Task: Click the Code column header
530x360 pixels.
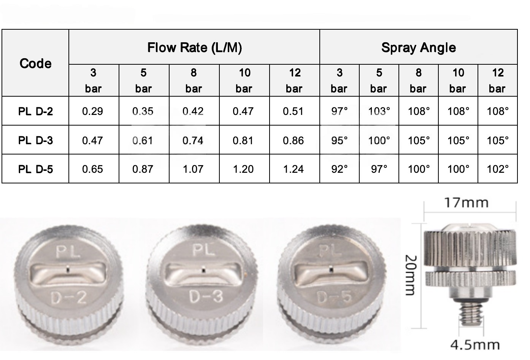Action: click(35, 64)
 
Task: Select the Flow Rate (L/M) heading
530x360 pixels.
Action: click(195, 48)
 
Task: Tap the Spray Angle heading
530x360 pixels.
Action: click(419, 48)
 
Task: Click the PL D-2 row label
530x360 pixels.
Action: click(35, 112)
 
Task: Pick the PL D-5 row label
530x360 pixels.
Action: click(35, 169)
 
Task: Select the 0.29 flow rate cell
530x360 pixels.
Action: click(92, 112)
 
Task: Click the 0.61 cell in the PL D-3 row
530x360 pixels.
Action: click(143, 140)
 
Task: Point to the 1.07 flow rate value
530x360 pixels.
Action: click(193, 169)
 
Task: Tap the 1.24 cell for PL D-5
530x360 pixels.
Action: click(294, 169)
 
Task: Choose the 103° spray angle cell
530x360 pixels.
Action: click(379, 111)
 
